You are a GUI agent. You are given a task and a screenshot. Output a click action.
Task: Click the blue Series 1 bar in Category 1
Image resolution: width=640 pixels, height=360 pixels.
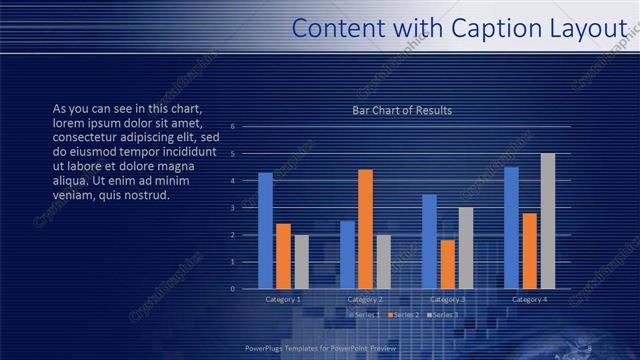[265, 230]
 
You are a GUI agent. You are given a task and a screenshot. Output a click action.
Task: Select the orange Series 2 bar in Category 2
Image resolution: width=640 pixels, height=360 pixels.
[365, 229]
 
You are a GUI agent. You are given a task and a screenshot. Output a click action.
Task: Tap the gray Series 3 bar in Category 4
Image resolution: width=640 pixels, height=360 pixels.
[547, 221]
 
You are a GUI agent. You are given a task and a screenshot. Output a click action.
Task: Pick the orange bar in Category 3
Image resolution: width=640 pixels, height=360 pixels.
[447, 264]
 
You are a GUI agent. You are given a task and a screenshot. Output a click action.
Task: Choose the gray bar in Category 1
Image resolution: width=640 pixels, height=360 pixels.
[301, 262]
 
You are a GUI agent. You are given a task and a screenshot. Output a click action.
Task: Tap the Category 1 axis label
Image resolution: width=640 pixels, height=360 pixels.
[283, 299]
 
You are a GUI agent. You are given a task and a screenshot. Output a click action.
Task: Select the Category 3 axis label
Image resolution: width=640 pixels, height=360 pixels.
[447, 299]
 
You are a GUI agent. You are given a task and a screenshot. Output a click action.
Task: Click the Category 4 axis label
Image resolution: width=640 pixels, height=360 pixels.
[529, 299]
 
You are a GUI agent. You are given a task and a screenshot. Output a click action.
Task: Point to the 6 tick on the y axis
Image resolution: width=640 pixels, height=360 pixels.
[233, 127]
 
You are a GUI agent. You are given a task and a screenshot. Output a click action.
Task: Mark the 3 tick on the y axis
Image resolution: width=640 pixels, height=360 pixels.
[233, 208]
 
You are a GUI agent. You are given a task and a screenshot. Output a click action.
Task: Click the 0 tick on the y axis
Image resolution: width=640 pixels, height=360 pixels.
[233, 289]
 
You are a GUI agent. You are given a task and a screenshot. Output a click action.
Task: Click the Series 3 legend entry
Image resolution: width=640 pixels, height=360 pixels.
[442, 315]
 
